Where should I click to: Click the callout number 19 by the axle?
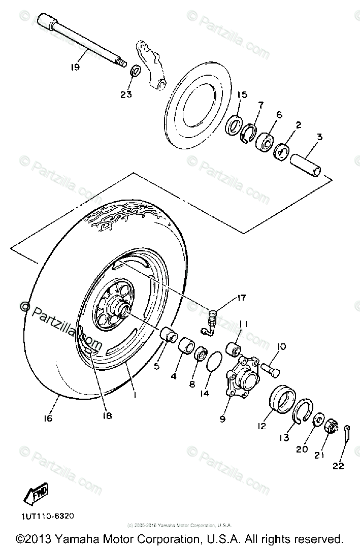tap(76, 67)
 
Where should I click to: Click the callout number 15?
tap(241, 95)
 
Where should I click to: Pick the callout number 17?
tap(241, 298)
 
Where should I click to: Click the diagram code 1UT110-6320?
tap(48, 515)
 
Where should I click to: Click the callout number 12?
tap(261, 426)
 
